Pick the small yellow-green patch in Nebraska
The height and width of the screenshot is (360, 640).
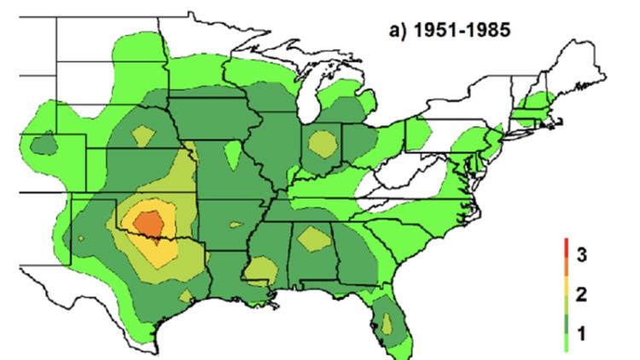(x=142, y=136)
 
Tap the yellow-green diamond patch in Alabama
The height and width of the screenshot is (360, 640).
(x=316, y=240)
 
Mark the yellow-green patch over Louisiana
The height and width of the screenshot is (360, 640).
(x=259, y=271)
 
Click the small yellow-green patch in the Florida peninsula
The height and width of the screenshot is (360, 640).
(x=388, y=323)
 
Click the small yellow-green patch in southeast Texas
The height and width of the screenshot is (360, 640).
(x=183, y=295)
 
